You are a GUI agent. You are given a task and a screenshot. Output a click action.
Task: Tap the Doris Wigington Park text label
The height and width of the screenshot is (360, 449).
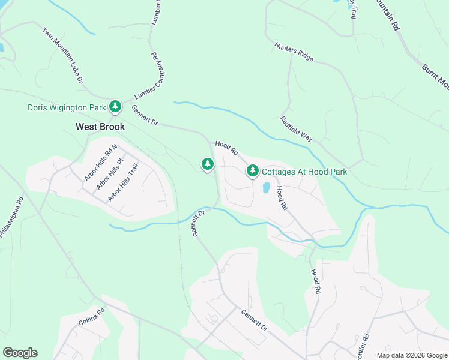(66, 108)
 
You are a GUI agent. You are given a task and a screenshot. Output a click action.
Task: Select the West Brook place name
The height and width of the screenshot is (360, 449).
(100, 127)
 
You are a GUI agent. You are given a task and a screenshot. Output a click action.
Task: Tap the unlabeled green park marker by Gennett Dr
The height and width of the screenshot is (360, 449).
(208, 163)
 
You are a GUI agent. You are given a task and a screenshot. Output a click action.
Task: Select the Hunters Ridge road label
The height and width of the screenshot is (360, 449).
(294, 52)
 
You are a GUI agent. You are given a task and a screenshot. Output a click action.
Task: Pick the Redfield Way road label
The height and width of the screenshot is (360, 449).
(296, 128)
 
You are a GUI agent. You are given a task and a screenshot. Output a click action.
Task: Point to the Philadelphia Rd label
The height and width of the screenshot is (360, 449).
(11, 217)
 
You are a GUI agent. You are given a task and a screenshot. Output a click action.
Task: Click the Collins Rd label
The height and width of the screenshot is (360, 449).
(91, 317)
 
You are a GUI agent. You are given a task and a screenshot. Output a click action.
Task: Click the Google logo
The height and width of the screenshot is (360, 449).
(20, 353)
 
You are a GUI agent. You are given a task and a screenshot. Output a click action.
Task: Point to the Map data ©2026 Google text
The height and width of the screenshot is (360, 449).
(412, 355)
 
